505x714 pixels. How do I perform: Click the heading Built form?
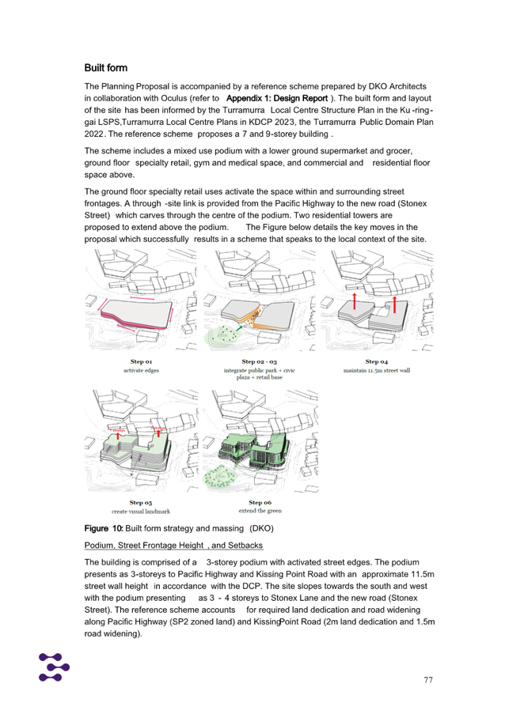pos(105,68)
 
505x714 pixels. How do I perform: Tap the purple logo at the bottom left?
pos(54,667)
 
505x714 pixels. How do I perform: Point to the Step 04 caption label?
pos(375,361)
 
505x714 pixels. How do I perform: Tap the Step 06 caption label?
pos(259,502)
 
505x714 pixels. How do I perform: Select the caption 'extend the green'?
pos(259,510)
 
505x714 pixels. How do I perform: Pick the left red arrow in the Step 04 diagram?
pos(355,300)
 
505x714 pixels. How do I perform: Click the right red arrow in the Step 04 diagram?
pos(394,304)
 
